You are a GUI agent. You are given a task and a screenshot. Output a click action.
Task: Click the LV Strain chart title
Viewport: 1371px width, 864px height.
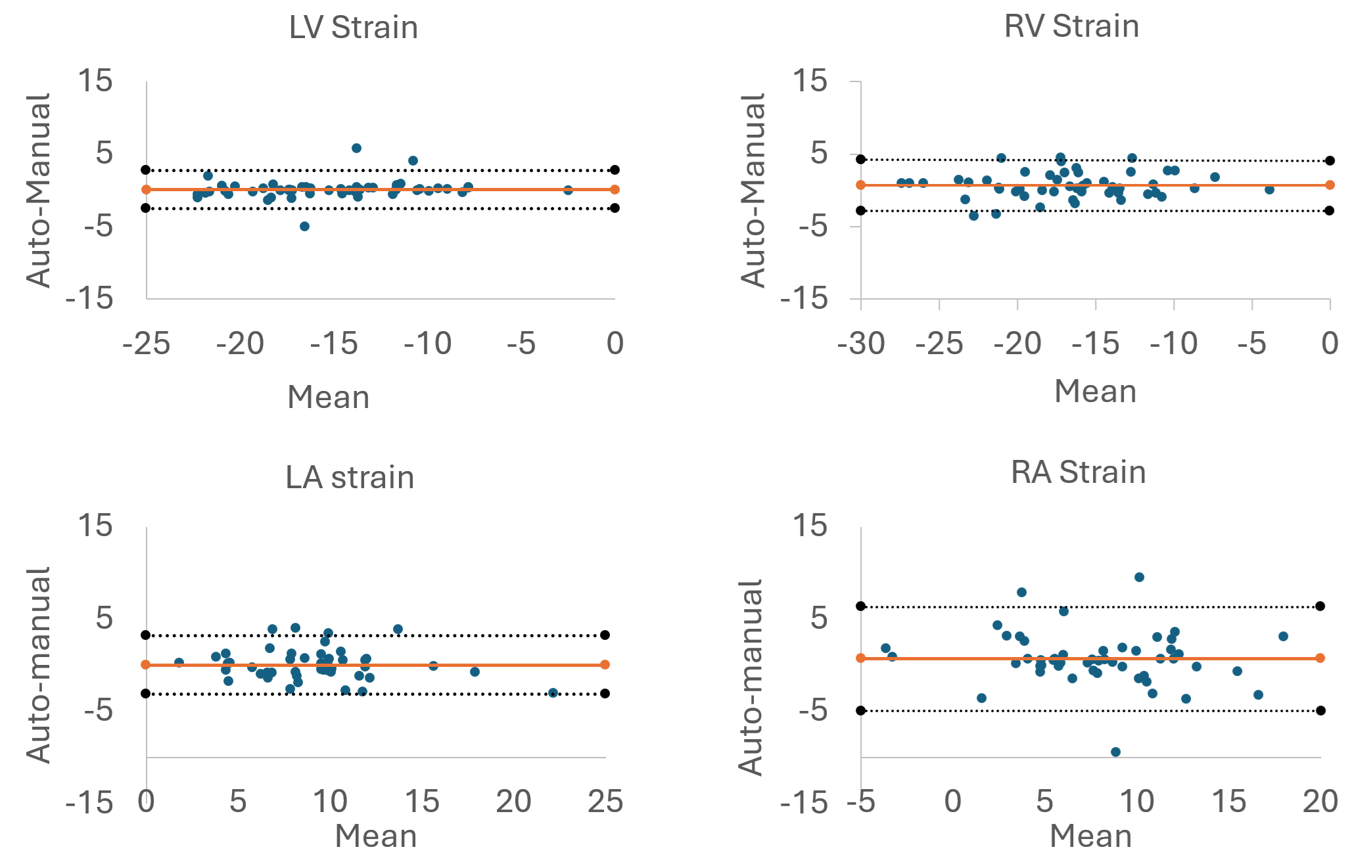[354, 28]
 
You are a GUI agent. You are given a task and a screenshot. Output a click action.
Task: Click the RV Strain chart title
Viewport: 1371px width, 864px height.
[1071, 26]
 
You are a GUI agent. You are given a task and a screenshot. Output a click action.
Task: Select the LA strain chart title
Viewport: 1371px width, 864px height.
[350, 478]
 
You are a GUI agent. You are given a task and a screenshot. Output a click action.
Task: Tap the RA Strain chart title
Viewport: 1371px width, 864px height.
[1078, 472]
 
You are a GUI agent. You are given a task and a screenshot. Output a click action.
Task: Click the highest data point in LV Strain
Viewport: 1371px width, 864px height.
[356, 148]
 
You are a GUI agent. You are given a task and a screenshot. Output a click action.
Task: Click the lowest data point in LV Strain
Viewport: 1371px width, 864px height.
[304, 226]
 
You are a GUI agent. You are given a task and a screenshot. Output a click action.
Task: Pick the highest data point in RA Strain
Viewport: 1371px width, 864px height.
[1139, 577]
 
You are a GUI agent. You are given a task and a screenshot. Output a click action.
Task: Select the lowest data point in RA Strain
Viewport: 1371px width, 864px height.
[1115, 752]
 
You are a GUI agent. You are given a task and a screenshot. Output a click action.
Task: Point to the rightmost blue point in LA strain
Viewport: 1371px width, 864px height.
[553, 693]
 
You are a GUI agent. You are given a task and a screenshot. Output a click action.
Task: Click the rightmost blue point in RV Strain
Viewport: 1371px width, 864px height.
[1269, 189]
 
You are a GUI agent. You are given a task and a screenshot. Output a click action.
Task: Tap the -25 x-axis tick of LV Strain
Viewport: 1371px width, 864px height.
[147, 344]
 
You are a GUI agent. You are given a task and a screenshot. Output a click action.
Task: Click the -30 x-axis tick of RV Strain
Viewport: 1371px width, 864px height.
[861, 344]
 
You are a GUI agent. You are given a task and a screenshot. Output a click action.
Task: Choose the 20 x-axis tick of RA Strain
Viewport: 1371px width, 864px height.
[1320, 802]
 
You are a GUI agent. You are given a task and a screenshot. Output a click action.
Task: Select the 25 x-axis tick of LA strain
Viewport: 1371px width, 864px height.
[605, 802]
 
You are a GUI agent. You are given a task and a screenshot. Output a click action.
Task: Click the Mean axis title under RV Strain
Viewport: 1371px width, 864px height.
[1095, 392]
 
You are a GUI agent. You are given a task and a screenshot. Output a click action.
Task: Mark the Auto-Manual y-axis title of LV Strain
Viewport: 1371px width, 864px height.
[38, 191]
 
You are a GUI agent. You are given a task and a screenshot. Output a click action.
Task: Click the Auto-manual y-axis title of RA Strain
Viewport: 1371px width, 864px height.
[751, 677]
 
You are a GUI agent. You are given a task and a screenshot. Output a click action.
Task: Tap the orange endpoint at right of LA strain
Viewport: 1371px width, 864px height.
[605, 664]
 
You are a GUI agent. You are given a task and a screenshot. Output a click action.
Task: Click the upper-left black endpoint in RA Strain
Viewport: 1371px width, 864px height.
[861, 606]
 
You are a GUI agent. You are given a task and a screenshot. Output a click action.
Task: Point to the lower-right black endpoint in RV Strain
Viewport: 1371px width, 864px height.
[1330, 210]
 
